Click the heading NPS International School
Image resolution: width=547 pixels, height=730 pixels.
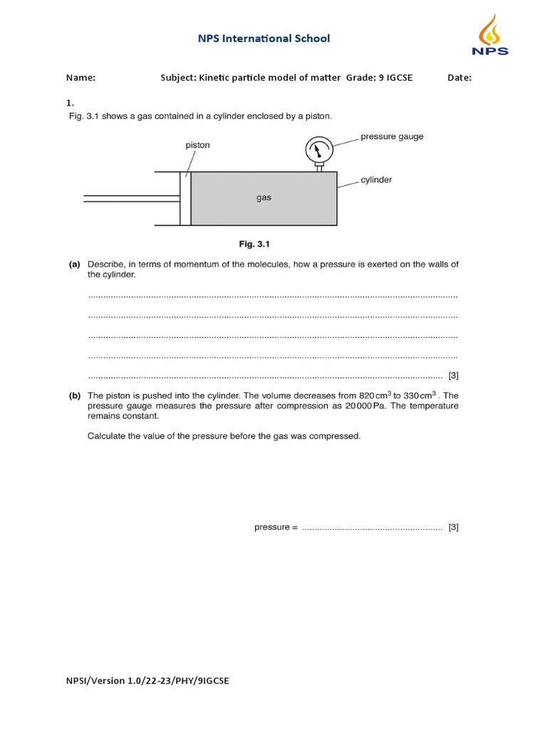coord(264,38)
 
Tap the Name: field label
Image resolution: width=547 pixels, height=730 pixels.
coord(80,78)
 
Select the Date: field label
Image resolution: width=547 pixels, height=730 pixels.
coord(459,78)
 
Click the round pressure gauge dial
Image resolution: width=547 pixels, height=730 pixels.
coord(319,150)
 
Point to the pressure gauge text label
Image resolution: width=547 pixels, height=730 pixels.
coord(392,136)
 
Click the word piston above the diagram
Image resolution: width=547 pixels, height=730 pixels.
coord(197,145)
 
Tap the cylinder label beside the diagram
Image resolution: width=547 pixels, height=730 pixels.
coord(376,180)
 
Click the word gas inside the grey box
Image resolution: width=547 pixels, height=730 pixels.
coord(264,198)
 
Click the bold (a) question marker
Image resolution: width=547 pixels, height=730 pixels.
coord(74,264)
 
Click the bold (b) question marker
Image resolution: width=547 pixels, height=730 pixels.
coord(74,395)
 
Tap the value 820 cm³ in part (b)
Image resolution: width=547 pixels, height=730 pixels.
coord(376,395)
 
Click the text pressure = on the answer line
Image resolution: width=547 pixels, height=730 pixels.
coord(276,528)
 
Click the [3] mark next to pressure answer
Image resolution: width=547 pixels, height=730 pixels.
coord(454,528)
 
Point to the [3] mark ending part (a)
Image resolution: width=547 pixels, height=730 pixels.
coord(454,375)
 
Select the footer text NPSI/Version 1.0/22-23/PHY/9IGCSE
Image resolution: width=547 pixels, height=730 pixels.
coord(147,681)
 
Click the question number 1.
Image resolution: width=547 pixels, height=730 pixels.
coord(70,103)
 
